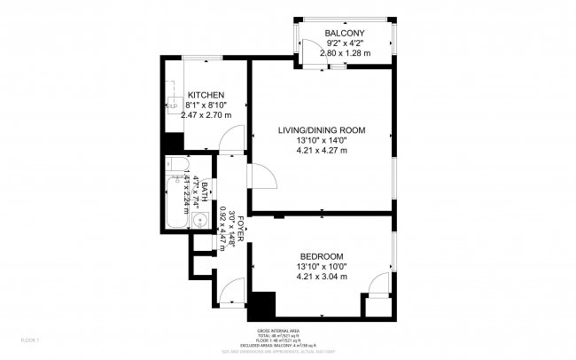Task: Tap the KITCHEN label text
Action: [x=204, y=95]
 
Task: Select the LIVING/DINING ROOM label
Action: [x=322, y=130]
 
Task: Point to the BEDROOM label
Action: [x=322, y=256]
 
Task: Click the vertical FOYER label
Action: [x=240, y=228]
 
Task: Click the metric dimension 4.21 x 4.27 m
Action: [x=322, y=150]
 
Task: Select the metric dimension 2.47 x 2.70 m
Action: [x=205, y=114]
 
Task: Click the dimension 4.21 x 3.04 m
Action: [x=322, y=276]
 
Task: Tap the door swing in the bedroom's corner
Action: [x=378, y=284]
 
